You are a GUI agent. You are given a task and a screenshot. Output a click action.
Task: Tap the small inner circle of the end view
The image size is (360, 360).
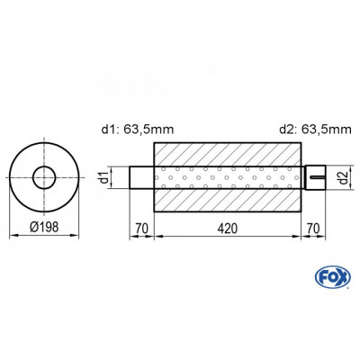pos(42,177)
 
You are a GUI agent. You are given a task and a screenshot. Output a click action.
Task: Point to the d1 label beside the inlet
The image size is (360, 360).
pos(107,177)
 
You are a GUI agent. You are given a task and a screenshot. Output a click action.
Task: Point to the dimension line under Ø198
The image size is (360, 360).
pos(42,236)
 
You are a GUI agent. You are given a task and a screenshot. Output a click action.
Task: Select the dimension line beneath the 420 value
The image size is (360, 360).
pos(228,237)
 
